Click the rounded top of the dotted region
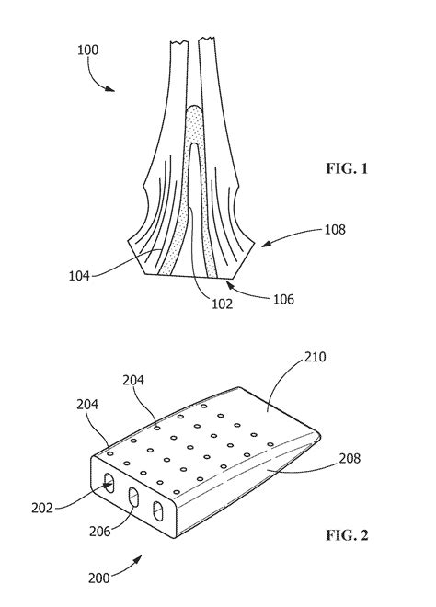(x=195, y=112)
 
